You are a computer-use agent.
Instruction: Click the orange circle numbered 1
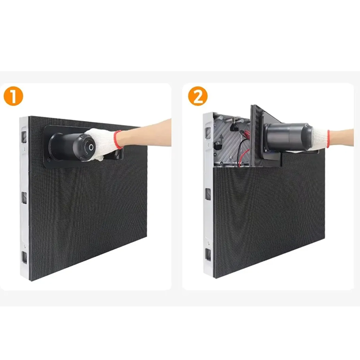pyautogui.click(x=13, y=96)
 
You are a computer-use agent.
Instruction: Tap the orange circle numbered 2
pyautogui.click(x=198, y=96)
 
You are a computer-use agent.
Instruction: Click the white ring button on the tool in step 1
pyautogui.click(x=91, y=148)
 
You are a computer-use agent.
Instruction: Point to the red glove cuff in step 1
pyautogui.click(x=118, y=139)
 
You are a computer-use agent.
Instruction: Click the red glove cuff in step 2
pyautogui.click(x=328, y=139)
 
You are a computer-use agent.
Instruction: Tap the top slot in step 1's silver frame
pyautogui.click(x=24, y=137)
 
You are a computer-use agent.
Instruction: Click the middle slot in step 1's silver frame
pyautogui.click(x=24, y=198)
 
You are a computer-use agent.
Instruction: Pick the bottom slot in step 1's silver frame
pyautogui.click(x=24, y=257)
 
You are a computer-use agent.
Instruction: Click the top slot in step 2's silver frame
pyautogui.click(x=208, y=133)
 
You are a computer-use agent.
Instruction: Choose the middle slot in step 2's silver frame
pyautogui.click(x=208, y=194)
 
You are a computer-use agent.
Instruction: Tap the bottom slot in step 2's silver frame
pyautogui.click(x=208, y=255)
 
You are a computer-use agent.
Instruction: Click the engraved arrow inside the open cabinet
pyautogui.click(x=221, y=139)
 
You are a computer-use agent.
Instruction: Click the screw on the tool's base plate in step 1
pyautogui.click(x=49, y=159)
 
